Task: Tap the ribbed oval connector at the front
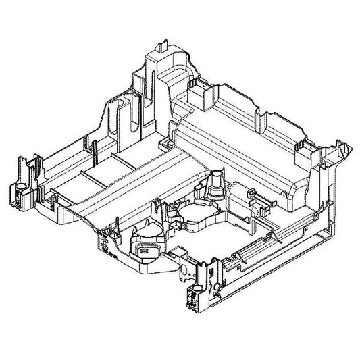(x=147, y=249)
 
